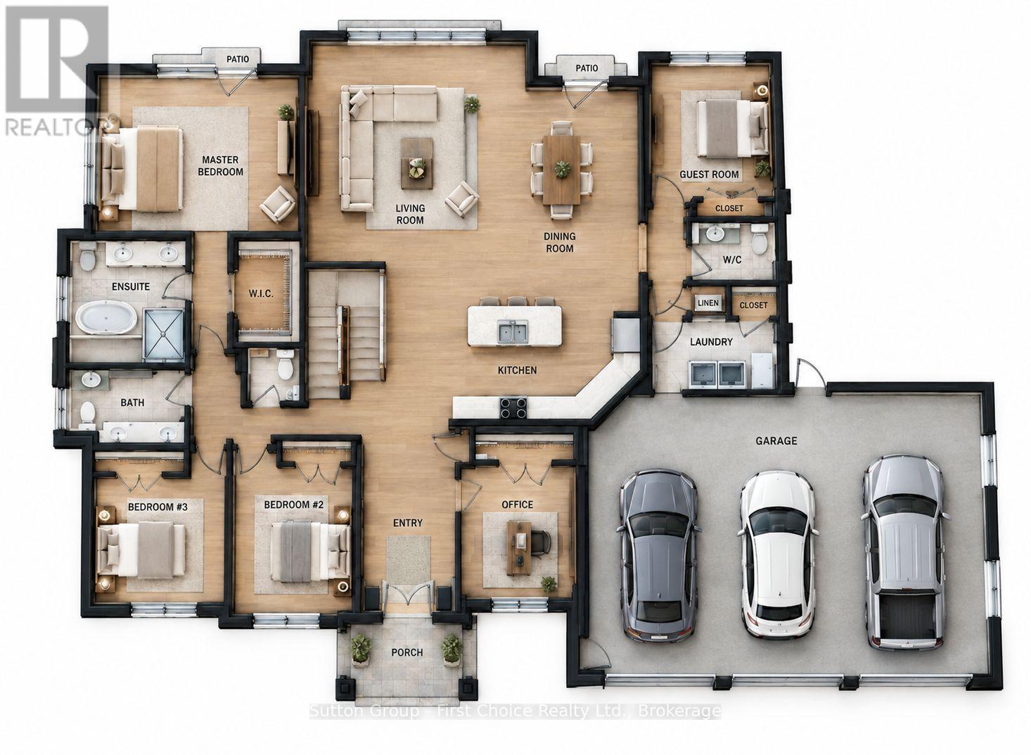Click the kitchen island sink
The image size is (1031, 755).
point(513,332)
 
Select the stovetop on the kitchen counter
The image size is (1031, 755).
point(513,407)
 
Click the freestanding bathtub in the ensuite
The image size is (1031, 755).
point(106,317)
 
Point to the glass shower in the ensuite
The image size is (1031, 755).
point(163,334)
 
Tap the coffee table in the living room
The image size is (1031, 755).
point(416,163)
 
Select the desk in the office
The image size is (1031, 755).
point(520,548)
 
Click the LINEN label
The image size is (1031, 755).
point(708,303)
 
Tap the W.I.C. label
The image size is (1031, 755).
point(261,293)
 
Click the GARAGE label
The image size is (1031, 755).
point(776,440)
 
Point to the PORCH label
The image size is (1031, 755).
point(407,652)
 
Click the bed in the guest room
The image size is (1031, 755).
point(733,128)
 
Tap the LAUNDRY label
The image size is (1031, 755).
point(711,341)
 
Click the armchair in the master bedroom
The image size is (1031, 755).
point(278,204)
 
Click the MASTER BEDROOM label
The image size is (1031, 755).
point(220,166)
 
